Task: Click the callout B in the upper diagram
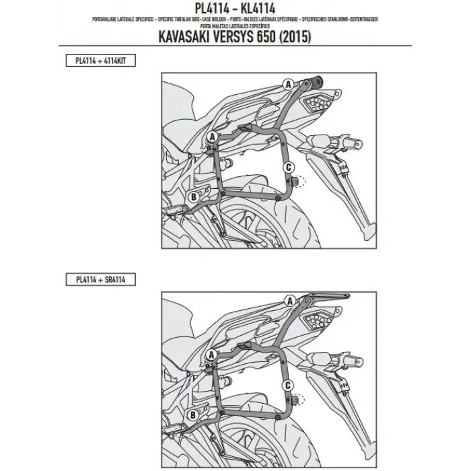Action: tap(193, 196)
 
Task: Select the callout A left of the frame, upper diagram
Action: tap(211, 135)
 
